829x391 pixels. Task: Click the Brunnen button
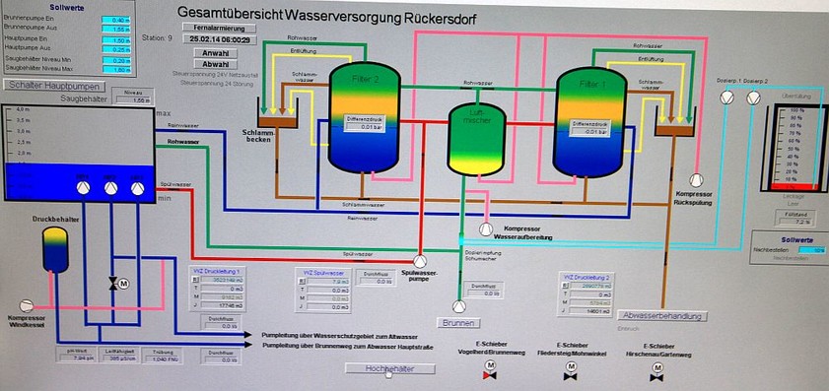[x=459, y=322]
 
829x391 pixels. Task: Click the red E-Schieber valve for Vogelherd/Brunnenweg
[x=486, y=374]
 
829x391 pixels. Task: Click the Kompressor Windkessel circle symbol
[x=28, y=302]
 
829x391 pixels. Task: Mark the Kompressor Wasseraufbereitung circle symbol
[x=485, y=228]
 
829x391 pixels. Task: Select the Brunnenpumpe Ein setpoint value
[x=117, y=20]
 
